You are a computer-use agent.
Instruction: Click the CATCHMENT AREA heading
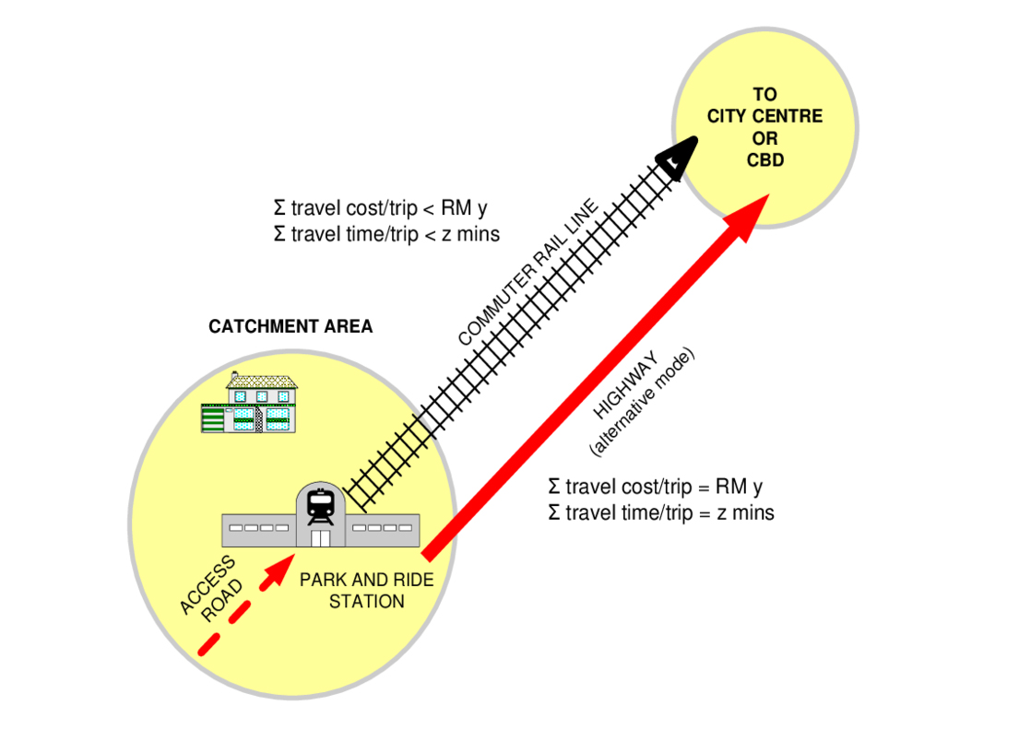(290, 327)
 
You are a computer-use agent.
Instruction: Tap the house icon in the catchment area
(250, 403)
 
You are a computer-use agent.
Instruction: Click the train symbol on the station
(320, 505)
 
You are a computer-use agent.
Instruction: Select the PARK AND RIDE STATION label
(366, 591)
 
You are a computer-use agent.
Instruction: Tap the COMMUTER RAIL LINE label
(527, 274)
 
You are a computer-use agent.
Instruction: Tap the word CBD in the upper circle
(764, 160)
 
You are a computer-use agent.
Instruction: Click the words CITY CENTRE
(764, 116)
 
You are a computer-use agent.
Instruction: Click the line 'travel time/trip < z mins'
(386, 234)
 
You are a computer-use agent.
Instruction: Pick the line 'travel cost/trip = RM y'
(655, 486)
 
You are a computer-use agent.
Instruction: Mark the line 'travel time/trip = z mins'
(660, 512)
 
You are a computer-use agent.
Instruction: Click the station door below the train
(320, 537)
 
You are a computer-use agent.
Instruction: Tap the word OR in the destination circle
(764, 138)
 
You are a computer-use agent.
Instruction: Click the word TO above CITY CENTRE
(764, 94)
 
